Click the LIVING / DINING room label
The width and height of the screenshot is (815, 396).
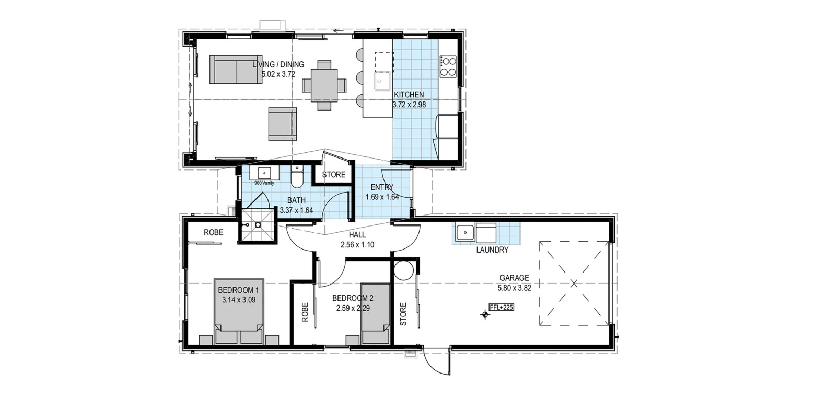(x=278, y=64)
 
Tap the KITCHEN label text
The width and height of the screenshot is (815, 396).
(x=409, y=95)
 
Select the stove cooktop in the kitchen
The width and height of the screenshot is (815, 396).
(x=448, y=66)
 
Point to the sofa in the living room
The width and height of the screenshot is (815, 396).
(x=236, y=70)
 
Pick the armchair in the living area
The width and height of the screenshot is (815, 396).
(x=282, y=123)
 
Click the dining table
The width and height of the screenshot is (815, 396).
(x=324, y=85)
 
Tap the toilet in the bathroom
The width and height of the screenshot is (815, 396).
(x=297, y=177)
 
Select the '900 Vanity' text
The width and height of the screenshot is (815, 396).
(x=264, y=183)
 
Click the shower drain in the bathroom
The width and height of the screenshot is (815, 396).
(x=258, y=225)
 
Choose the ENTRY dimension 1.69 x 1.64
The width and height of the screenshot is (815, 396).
(x=382, y=197)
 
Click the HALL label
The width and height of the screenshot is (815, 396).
(x=357, y=235)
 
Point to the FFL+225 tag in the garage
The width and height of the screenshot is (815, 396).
(x=502, y=308)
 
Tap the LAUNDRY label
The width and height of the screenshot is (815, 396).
(x=492, y=250)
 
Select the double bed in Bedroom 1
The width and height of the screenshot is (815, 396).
(x=239, y=311)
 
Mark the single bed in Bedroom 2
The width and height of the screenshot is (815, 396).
(x=376, y=314)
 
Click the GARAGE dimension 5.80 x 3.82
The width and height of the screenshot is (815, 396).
(x=515, y=288)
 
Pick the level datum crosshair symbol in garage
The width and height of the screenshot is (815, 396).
(x=485, y=314)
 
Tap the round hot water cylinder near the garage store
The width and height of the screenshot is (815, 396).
(x=404, y=270)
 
